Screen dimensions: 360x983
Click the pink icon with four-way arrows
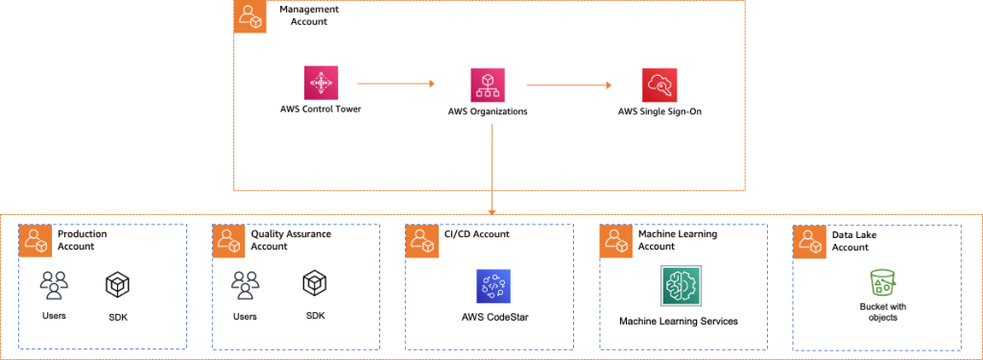click(320, 84)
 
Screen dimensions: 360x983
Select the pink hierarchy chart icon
click(488, 85)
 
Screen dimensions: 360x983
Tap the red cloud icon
click(659, 85)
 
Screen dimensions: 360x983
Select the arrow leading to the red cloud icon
click(566, 85)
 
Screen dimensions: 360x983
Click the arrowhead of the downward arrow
click(491, 211)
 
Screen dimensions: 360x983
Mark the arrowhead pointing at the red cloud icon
click(608, 85)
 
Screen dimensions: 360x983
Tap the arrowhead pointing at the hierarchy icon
click(432, 84)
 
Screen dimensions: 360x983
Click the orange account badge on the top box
click(251, 17)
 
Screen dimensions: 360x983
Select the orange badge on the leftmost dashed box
click(35, 241)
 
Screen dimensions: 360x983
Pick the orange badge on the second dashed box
click(228, 242)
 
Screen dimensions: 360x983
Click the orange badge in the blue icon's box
click(421, 242)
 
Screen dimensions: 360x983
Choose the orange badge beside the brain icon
click(616, 242)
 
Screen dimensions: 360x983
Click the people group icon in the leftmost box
click(54, 285)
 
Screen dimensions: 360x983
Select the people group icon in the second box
click(245, 285)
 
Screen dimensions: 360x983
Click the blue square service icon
click(493, 285)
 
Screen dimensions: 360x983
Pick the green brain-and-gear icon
click(682, 285)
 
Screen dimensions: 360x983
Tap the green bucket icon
click(881, 282)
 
